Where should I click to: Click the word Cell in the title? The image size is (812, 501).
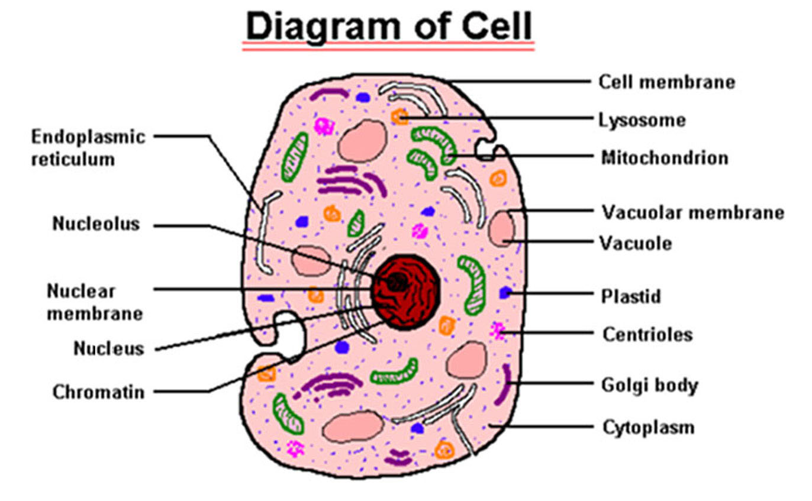coord(497,26)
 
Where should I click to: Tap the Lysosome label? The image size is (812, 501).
coord(642,120)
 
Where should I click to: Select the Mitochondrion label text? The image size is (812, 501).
coord(665,159)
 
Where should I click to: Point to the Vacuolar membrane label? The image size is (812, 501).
coord(693,212)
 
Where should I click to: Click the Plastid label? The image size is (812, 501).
coord(631,296)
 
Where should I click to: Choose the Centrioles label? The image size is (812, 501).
coord(647,334)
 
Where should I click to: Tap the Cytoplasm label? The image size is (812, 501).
coord(649,428)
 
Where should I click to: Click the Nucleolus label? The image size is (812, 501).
coord(96,224)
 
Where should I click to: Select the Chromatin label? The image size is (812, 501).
coord(98,392)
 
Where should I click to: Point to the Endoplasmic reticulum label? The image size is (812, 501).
coord(88,148)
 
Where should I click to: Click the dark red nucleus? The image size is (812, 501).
coord(405,292)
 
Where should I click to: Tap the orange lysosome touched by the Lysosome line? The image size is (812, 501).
coord(399,117)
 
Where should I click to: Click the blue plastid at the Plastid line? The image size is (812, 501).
coord(505,292)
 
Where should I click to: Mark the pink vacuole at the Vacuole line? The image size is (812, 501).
coord(501,228)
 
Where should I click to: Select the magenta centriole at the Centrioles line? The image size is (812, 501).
coord(497,331)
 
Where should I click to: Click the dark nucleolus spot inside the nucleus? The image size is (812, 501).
coord(397,282)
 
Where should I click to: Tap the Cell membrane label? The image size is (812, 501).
coord(666,82)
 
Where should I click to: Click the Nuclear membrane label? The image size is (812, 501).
coord(95,302)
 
